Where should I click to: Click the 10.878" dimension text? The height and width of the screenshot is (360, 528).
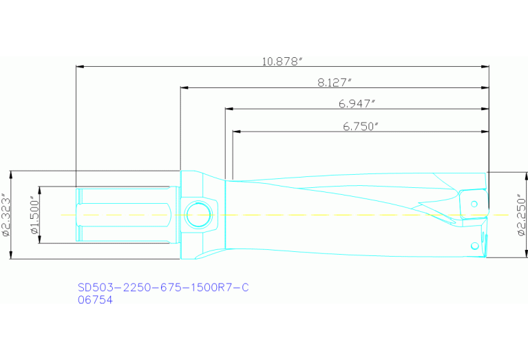(283, 61)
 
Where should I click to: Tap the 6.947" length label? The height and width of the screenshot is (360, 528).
(357, 103)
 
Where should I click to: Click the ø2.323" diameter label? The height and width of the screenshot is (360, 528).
(6, 215)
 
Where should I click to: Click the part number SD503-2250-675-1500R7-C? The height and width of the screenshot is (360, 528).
(162, 288)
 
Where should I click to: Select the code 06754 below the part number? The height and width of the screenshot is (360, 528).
(95, 299)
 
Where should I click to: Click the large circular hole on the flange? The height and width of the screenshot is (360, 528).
(199, 215)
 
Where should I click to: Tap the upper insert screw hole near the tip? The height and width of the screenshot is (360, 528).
(474, 204)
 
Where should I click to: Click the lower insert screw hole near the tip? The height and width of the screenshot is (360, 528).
(474, 246)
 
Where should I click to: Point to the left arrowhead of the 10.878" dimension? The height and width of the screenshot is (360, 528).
(78, 67)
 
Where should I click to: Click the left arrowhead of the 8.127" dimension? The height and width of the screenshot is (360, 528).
(183, 88)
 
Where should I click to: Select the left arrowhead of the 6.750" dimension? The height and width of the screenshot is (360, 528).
(236, 131)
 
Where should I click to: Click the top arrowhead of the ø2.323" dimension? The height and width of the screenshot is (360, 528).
(11, 173)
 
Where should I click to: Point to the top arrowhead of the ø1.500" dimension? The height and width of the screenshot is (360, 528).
(40, 189)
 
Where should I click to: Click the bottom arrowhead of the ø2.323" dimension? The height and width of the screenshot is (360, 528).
(11, 256)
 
